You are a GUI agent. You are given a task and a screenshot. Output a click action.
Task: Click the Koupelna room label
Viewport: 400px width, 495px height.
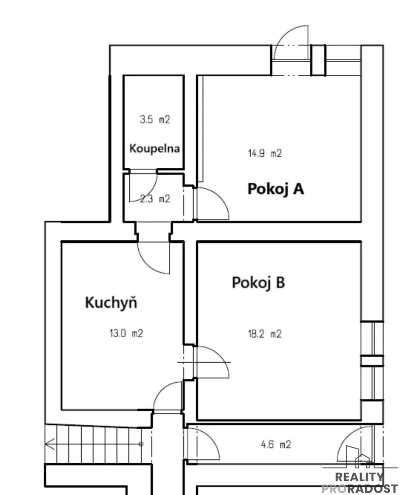pos(155,149)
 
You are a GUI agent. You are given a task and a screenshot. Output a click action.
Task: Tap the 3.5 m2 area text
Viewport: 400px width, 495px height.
pos(155,119)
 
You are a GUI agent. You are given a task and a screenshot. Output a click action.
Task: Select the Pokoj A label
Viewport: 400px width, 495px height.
pos(276,189)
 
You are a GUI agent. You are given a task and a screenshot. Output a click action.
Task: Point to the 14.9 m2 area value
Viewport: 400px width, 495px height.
pos(265,153)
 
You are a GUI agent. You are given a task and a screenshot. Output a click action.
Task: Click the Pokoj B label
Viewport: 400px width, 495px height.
pos(259,283)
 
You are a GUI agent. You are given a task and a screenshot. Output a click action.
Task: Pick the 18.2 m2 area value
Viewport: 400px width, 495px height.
pos(264,334)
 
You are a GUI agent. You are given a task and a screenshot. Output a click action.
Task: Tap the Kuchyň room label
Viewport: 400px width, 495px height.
pos(111,303)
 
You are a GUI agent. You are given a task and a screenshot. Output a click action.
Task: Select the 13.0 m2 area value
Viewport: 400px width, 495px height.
pos(126,333)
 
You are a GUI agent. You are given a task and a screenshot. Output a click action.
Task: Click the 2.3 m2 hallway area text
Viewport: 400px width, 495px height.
pos(155,199)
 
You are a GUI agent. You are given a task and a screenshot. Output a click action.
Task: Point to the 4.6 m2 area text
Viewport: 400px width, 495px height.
pos(276,445)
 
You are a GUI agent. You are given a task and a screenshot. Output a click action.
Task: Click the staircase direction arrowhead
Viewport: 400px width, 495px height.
pos(50,444)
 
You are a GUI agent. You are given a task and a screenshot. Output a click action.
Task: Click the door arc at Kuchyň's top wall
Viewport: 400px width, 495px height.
pos(146,265)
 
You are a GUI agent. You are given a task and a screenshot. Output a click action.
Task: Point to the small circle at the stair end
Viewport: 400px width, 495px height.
pos(141,444)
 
